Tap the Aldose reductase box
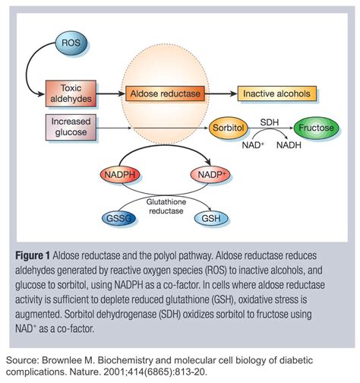click(165, 94)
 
